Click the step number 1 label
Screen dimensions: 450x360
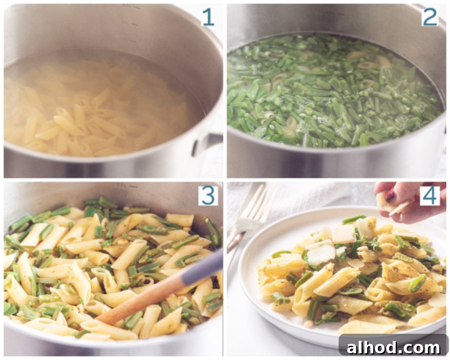point(208,17)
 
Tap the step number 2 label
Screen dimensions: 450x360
point(430,17)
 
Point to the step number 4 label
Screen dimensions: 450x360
point(430,196)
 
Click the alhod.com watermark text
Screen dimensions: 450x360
point(393,348)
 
